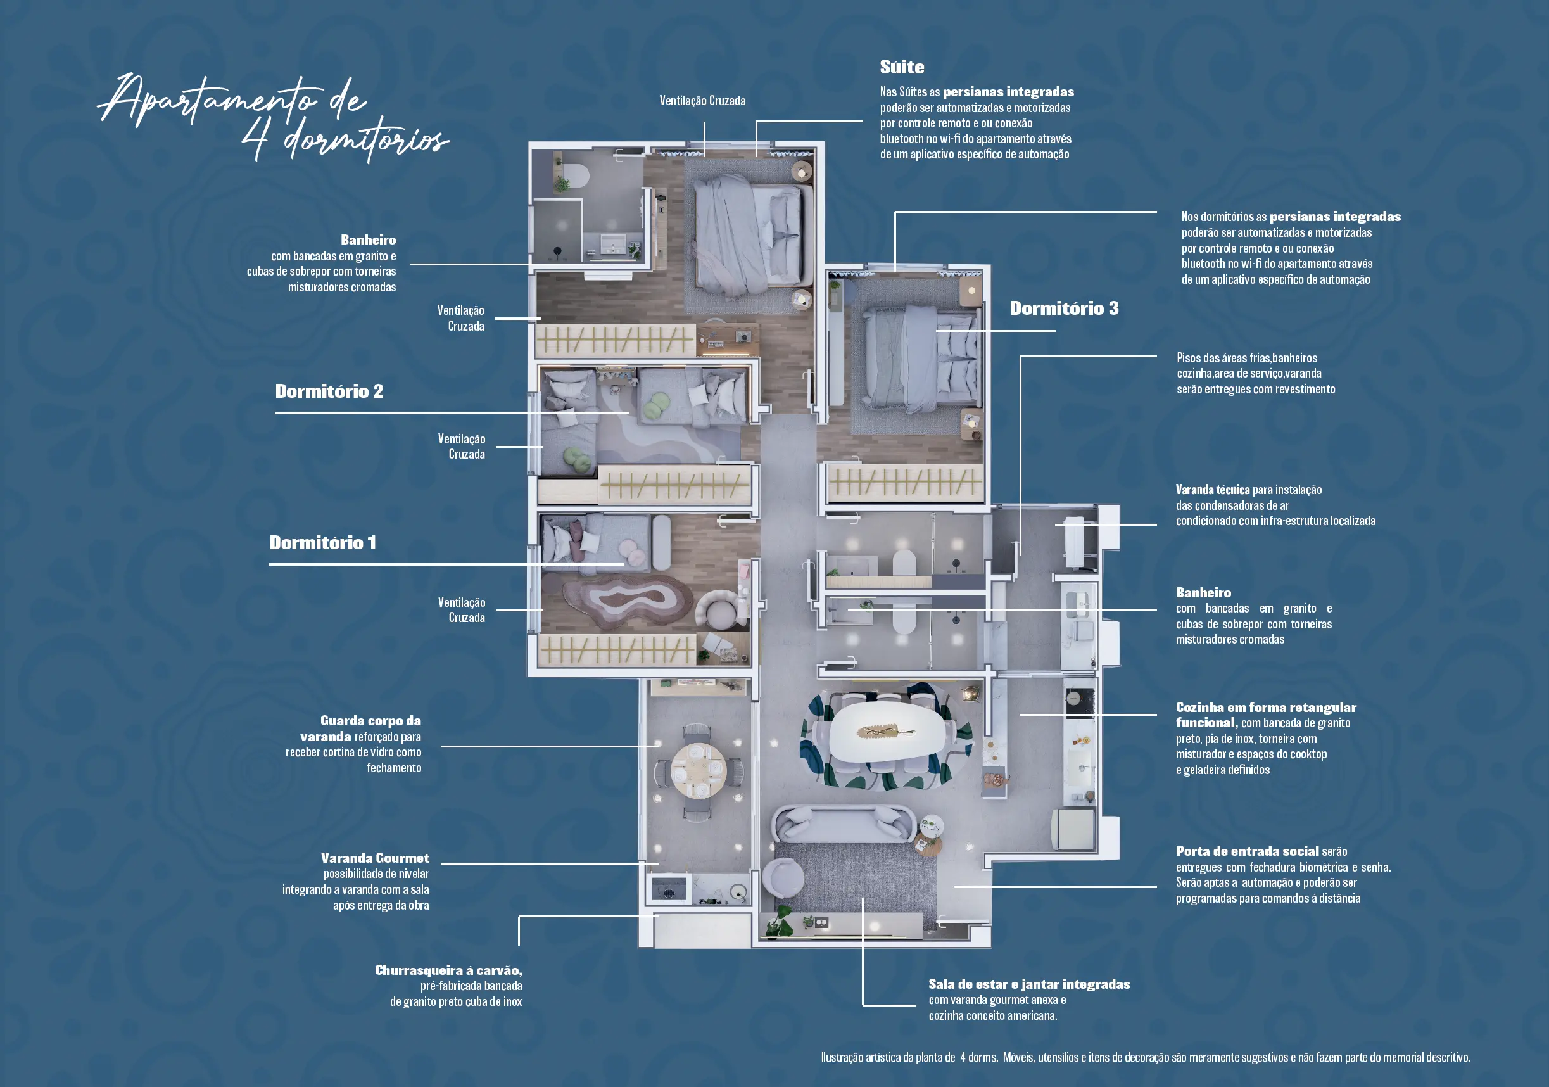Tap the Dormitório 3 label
click(1064, 308)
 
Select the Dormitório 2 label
click(329, 391)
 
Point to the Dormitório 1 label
click(322, 542)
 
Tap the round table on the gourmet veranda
click(699, 770)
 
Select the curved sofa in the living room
click(842, 825)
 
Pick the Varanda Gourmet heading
click(375, 858)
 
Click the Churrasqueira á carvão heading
click(448, 970)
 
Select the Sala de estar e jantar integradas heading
click(1029, 984)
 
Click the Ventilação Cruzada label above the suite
click(702, 101)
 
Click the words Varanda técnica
click(1212, 490)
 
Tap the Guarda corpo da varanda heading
click(361, 728)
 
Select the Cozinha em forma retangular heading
click(1266, 707)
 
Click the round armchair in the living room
click(783, 878)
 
